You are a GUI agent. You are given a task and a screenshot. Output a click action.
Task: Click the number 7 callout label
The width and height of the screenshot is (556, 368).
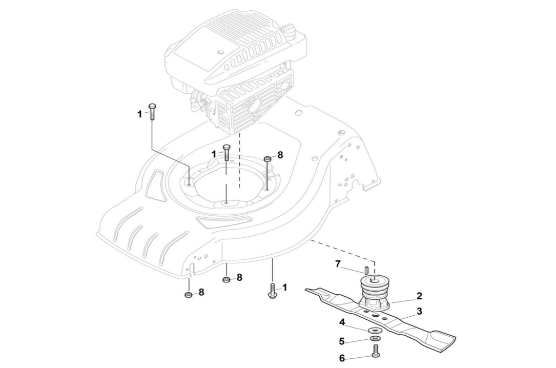338,263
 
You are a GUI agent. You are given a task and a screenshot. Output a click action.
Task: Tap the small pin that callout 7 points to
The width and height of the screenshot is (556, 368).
366,270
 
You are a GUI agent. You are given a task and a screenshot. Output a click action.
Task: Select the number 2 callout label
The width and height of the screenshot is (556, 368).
419,296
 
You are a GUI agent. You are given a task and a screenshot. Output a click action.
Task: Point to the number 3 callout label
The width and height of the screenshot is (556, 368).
419,311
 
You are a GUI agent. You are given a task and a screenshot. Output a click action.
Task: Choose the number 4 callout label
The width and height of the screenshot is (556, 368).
342,322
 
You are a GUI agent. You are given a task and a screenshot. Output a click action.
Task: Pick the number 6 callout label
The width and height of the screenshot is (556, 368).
342,358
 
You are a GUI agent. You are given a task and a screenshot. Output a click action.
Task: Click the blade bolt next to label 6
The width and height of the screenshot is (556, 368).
375,352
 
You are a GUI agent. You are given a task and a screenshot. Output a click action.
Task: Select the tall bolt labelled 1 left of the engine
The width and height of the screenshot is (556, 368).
152,111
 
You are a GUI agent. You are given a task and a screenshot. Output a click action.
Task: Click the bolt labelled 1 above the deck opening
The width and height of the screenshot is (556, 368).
226,153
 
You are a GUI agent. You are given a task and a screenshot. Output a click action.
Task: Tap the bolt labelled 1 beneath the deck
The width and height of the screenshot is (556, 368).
273,290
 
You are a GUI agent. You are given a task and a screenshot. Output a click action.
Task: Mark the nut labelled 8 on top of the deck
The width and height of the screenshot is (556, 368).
267,159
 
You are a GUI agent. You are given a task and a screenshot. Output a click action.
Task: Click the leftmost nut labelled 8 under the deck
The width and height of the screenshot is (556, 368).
188,295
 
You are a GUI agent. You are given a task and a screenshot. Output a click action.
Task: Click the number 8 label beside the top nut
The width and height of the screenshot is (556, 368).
280,154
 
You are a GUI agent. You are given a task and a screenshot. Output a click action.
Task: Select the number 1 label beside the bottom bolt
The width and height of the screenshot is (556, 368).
284,288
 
